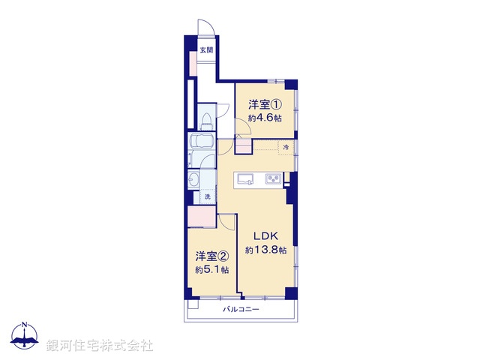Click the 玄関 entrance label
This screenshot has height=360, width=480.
206,50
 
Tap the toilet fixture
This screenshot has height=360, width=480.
206,122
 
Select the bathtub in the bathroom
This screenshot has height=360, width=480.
203,142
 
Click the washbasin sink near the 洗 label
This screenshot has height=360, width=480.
196,180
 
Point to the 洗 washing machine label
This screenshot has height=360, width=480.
208,196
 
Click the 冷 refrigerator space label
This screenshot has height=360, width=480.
286,147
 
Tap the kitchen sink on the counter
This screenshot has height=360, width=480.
247,178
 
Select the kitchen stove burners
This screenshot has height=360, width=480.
272,178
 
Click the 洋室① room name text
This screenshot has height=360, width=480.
265,104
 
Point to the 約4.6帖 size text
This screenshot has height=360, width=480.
266,118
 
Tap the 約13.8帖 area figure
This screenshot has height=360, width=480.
266,250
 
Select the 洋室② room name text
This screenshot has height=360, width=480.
212,256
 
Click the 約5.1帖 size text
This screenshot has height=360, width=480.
212,269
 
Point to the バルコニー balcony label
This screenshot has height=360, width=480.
241,309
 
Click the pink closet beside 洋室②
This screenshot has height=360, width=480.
202,217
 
